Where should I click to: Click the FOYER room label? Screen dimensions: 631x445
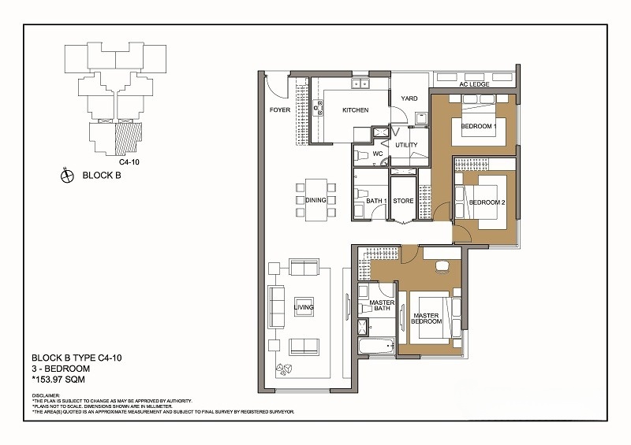(280, 109)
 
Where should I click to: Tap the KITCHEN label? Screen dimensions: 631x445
(356, 109)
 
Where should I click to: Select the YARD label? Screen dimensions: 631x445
(409, 98)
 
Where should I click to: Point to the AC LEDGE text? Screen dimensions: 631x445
(475, 84)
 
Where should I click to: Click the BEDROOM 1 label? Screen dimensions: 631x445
(479, 126)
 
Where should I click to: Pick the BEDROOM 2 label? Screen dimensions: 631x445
(487, 202)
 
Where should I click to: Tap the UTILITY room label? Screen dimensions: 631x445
(406, 145)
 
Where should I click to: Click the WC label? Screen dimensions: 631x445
(378, 154)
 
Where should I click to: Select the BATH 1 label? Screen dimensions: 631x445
(377, 201)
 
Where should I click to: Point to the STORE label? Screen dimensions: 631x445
(403, 201)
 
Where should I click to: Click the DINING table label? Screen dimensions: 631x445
(315, 200)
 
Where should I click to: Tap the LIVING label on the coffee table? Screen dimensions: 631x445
(304, 307)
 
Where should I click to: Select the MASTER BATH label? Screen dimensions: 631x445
(382, 305)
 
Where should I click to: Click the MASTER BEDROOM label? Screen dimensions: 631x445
(426, 318)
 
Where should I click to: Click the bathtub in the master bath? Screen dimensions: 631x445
(376, 346)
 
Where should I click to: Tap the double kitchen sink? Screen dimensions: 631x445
(361, 83)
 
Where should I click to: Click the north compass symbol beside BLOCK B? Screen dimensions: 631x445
(67, 176)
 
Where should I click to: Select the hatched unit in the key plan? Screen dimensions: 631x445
(129, 139)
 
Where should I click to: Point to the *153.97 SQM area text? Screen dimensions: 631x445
(58, 379)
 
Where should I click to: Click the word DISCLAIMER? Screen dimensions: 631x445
(46, 395)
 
